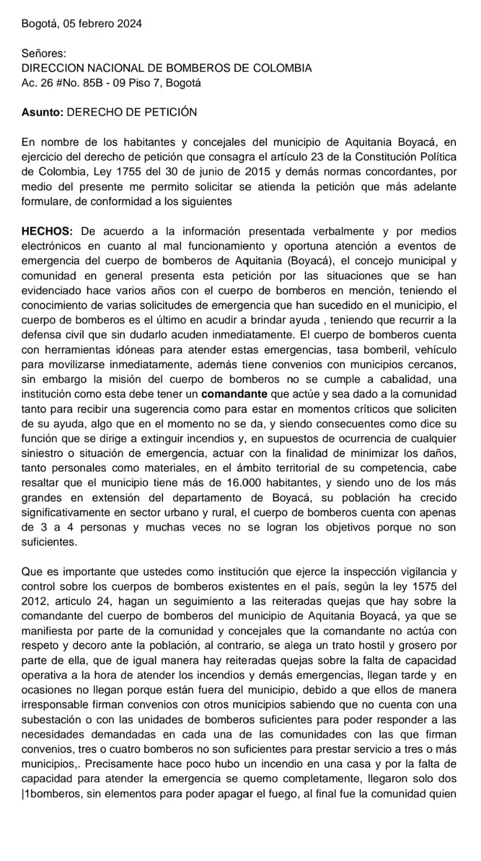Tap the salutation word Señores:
click(44, 53)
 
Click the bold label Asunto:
click(43, 112)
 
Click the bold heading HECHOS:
click(47, 231)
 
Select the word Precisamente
click(116, 764)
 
